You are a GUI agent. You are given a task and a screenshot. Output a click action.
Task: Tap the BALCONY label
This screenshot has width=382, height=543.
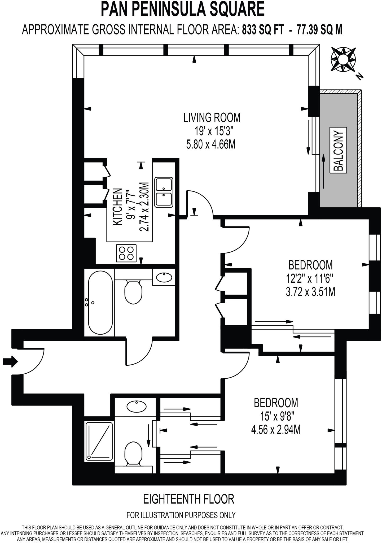[x=338, y=150]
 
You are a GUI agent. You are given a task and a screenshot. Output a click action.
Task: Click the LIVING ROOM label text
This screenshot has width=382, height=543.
[x=212, y=117]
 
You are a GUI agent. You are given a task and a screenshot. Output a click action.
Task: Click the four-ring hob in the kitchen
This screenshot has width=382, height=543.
[x=126, y=253]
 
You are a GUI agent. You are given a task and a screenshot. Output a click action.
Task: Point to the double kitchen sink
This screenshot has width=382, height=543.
[x=164, y=192]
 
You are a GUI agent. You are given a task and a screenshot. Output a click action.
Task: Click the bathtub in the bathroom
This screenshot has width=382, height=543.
[x=99, y=303]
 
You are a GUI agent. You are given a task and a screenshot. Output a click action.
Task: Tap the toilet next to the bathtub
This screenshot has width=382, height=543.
[x=133, y=292]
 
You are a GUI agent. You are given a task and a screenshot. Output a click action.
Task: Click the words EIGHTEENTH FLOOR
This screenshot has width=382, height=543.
[x=188, y=499]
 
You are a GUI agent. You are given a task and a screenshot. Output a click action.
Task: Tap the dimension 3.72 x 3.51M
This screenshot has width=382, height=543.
[x=310, y=292]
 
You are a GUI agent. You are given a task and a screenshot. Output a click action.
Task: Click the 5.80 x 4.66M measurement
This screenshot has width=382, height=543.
[x=211, y=145]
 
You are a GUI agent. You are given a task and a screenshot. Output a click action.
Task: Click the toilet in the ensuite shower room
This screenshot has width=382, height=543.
[x=133, y=453]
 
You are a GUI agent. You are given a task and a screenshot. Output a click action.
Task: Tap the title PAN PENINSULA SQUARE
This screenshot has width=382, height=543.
[x=183, y=9]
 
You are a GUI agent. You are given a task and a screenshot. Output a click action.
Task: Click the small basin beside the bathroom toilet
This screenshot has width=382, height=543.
[x=164, y=278]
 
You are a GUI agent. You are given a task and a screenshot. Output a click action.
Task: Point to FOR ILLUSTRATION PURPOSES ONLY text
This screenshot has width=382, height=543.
[x=181, y=515]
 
